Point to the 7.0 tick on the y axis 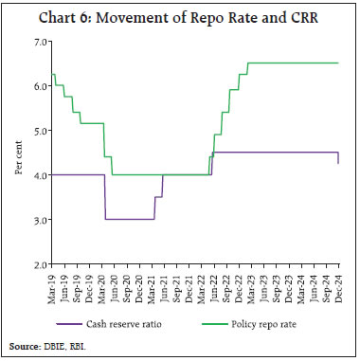38,42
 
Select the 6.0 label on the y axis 38,86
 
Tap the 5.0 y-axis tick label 38,131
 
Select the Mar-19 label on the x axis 52,283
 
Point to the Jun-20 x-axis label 115,283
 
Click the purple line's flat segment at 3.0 129,219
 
